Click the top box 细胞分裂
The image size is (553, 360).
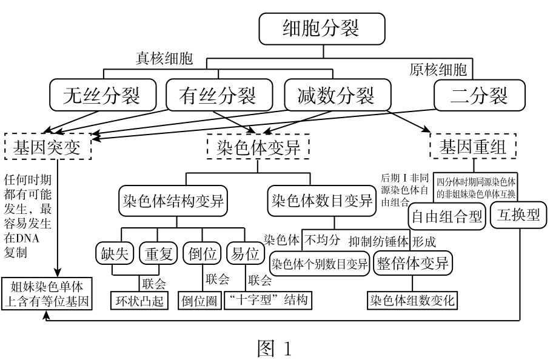[321, 28]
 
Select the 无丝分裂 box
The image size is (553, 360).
[102, 95]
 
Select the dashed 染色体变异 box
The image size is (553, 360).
[258, 146]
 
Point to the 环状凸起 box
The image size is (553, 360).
[139, 300]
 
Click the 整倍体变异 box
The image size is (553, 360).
[413, 264]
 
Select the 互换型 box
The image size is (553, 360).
[518, 215]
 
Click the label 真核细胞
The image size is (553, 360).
[164, 59]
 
